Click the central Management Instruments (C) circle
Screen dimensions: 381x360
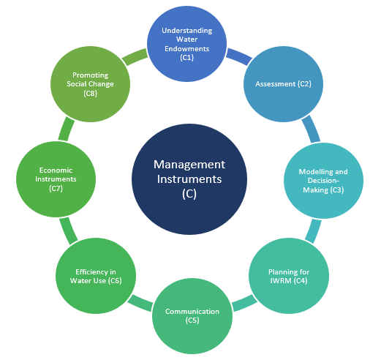[189, 179]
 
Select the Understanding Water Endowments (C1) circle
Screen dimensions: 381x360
[187, 44]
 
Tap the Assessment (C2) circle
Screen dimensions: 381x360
[283, 84]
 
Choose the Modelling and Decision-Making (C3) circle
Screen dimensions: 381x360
[323, 181]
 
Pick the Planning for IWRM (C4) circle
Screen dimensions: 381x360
[289, 276]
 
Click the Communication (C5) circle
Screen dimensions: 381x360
[192, 316]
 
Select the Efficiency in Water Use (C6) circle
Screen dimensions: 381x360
[96, 276]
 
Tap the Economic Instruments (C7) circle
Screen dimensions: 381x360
[56, 179]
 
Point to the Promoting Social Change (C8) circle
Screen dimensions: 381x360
[90, 84]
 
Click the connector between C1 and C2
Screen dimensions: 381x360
[239, 56]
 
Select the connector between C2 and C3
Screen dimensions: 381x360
[312, 129]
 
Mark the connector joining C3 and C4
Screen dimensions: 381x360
[314, 230]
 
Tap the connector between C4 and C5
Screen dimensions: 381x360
[244, 303]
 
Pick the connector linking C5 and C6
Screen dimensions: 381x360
[140, 303]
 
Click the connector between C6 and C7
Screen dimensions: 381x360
[69, 230]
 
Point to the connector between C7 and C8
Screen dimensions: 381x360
[67, 129]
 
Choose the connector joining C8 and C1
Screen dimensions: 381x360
[135, 56]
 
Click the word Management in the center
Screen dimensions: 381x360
[189, 165]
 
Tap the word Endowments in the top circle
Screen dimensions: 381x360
[187, 49]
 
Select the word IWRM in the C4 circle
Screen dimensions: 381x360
[281, 281]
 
